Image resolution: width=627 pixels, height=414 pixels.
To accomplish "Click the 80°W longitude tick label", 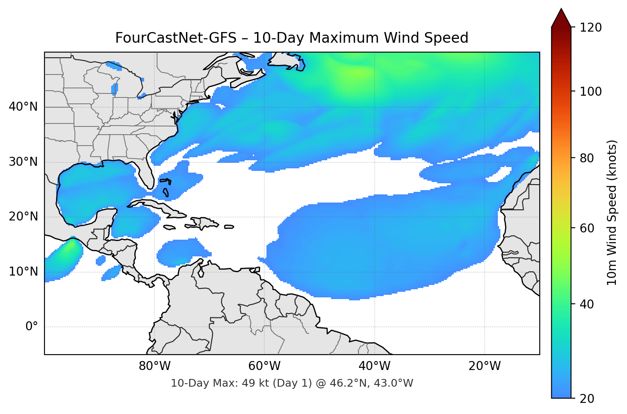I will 154,366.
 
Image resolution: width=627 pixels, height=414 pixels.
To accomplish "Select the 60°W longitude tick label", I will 264,366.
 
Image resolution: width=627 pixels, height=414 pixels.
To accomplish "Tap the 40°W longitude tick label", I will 374,366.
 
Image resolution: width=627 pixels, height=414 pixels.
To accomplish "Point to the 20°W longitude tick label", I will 484,366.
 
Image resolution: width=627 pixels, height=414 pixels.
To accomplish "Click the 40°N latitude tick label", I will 24,107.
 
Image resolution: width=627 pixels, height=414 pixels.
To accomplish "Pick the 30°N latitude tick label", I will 24,162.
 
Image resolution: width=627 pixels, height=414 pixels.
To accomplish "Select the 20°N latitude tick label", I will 24,217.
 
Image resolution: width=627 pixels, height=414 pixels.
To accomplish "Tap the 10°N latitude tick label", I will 24,272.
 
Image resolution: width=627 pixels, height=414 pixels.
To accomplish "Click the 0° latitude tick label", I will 32,327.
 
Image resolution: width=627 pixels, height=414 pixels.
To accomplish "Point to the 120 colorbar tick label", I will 591,28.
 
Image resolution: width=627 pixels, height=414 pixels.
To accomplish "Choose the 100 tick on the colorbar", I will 591,91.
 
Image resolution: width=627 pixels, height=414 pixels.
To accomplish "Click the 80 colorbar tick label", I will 587,158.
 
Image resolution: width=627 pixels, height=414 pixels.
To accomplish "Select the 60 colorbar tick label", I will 587,228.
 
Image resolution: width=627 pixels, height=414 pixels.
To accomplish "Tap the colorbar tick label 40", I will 587,304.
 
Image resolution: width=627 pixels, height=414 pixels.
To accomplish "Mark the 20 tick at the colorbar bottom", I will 587,399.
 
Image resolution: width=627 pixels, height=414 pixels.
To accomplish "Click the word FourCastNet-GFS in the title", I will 175,38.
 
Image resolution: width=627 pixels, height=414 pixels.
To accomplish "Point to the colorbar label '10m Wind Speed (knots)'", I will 612,212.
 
